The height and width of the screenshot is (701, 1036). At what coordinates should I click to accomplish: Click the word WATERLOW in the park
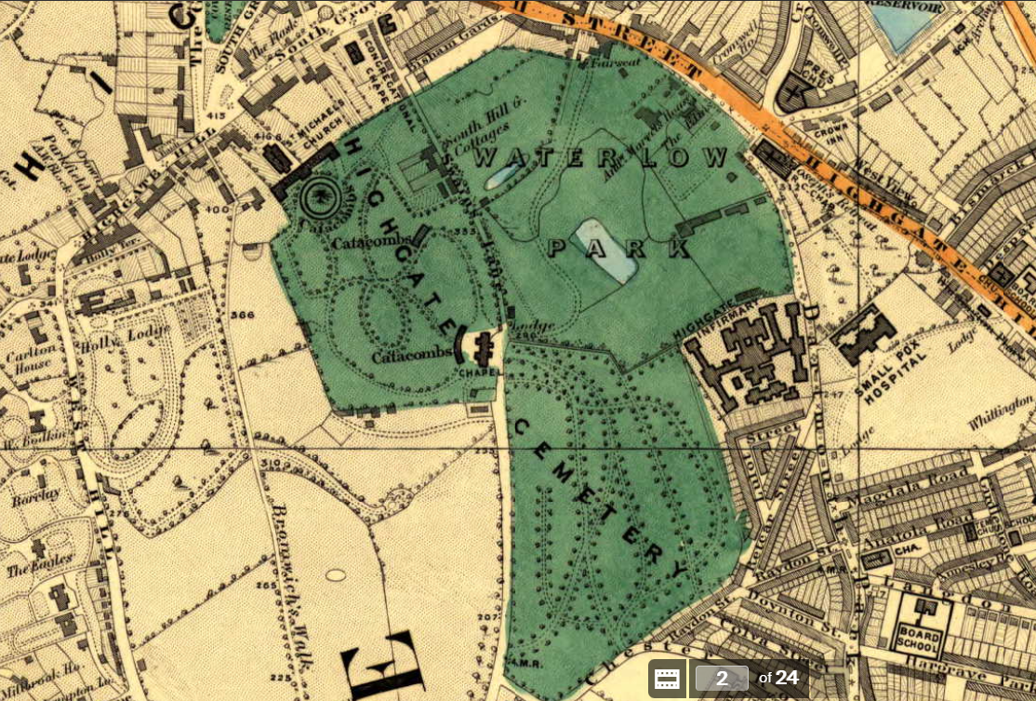click(x=601, y=156)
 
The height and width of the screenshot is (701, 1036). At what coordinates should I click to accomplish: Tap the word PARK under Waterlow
click(x=619, y=248)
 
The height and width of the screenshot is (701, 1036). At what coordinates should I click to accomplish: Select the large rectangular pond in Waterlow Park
click(x=605, y=249)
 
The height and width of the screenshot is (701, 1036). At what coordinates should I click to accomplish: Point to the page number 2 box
click(x=722, y=678)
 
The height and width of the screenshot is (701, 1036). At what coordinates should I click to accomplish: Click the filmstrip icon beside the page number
click(x=666, y=678)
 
